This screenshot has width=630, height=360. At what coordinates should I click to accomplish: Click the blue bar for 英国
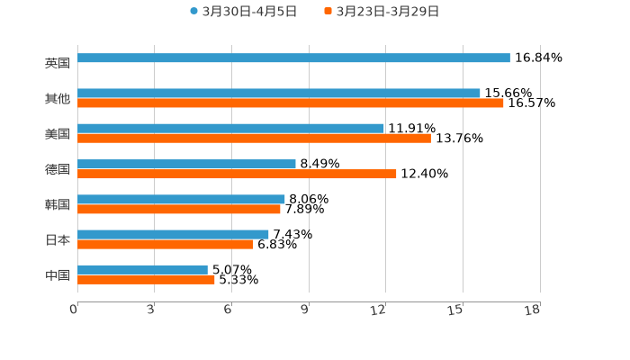point(293,58)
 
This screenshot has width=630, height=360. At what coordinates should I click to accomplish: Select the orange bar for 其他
point(291,103)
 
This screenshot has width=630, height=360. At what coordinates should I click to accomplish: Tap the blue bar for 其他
point(279,93)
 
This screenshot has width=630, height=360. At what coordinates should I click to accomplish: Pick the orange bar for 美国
point(254,139)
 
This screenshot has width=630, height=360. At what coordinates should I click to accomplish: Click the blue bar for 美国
point(230,128)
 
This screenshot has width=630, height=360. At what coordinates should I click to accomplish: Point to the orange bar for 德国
point(237,174)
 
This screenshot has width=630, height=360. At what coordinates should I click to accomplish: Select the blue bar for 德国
point(186,164)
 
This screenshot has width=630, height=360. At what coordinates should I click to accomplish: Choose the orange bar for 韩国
point(179,209)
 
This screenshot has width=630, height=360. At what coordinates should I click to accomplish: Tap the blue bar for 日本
point(173,234)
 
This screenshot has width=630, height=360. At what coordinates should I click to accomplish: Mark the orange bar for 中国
point(146,279)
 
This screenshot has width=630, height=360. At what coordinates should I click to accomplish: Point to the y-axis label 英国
point(58,63)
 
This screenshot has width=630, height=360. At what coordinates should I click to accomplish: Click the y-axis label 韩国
point(58,204)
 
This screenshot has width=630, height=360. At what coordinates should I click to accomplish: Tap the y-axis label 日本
point(58,239)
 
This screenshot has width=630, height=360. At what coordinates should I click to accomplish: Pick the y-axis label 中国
point(58,274)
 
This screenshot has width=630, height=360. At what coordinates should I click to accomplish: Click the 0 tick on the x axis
point(75,310)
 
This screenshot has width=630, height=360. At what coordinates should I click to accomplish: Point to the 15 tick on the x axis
point(457,310)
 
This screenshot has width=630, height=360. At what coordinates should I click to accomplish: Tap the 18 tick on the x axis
point(533,310)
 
